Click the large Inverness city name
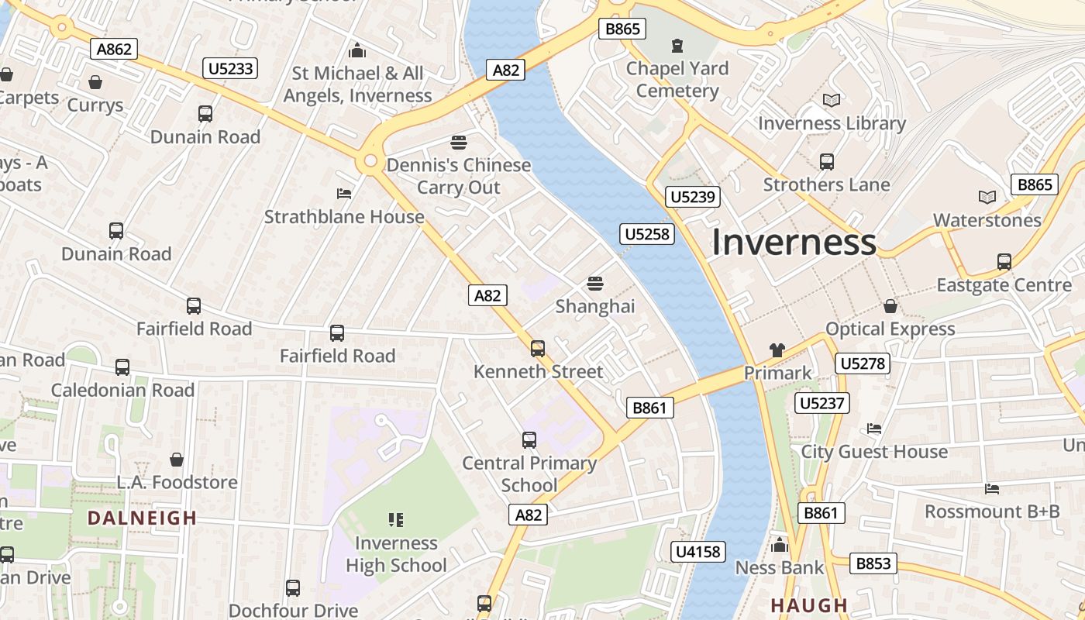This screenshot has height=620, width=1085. (794, 242)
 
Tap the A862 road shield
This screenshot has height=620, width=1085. (114, 49)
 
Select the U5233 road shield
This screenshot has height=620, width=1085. (230, 68)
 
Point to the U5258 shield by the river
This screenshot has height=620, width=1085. (647, 234)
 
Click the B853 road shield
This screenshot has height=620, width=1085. (873, 563)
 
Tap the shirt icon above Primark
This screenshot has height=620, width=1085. (777, 350)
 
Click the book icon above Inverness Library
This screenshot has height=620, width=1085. (832, 101)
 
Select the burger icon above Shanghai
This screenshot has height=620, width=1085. (595, 284)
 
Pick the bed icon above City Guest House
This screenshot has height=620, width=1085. (874, 429)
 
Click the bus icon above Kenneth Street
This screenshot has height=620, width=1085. (538, 349)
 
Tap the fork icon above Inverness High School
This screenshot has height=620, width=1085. (396, 520)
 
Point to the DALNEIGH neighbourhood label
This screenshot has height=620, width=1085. (142, 518)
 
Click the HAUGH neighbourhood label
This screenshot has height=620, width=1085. (809, 605)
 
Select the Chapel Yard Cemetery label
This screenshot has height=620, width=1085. (677, 80)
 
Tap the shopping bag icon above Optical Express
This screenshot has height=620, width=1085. (890, 306)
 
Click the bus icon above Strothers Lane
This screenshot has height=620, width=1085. (827, 162)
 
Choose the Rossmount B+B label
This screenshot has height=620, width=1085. (992, 511)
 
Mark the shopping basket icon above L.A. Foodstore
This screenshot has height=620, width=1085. (177, 460)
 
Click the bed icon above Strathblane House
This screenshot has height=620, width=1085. (344, 193)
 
